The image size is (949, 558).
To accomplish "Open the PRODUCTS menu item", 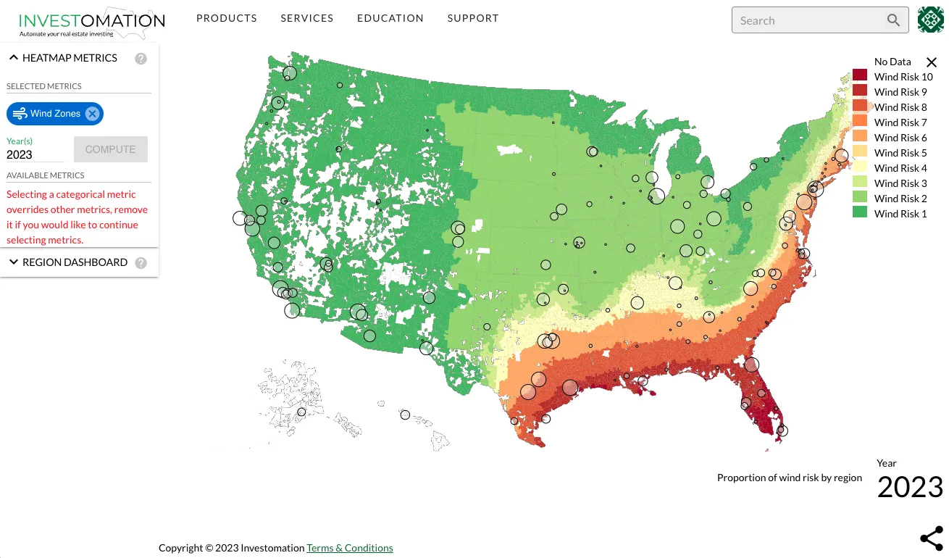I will (227, 18).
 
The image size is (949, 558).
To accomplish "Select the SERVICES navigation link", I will (307, 18).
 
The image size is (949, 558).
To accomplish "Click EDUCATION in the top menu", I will (390, 18).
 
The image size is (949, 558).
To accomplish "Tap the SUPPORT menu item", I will (473, 18).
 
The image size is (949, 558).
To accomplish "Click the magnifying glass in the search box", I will (894, 20).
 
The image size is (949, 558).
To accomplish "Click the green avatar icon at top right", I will (931, 20).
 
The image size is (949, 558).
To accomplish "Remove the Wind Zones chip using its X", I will (92, 114).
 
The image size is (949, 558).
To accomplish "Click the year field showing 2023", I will (35, 154).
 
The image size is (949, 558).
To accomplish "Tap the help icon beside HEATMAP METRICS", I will (141, 59).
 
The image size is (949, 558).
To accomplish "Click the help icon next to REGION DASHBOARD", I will (141, 263).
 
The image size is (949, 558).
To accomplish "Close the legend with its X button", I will (932, 62).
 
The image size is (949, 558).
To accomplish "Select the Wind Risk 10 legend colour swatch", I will (860, 76).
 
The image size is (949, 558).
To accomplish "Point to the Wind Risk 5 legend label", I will (900, 153).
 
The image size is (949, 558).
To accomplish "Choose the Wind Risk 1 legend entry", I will (900, 214).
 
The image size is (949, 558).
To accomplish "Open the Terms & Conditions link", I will (350, 548).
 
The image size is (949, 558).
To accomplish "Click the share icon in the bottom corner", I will (932, 538).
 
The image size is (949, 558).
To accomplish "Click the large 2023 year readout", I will (910, 487).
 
